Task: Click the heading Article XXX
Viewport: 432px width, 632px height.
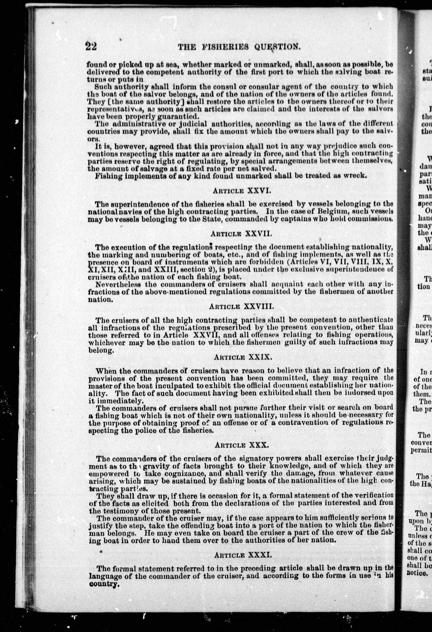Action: pyautogui.click(x=242, y=445)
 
